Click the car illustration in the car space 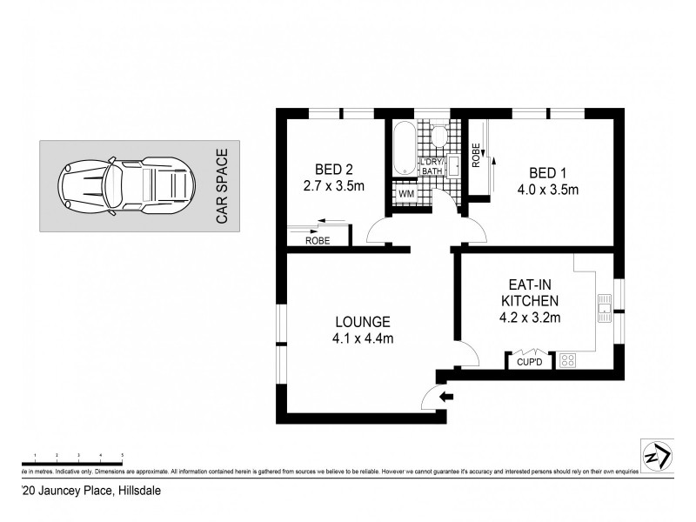coord(124,184)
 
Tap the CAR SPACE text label coord(222,187)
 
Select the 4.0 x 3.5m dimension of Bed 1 coord(549,191)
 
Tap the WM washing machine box coord(405,194)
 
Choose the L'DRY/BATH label coord(432,167)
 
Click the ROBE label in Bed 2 coord(317,241)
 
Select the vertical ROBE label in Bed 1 coord(476,155)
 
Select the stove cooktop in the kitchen coord(567,359)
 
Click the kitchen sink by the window coord(604,304)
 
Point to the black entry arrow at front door coord(447,398)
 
